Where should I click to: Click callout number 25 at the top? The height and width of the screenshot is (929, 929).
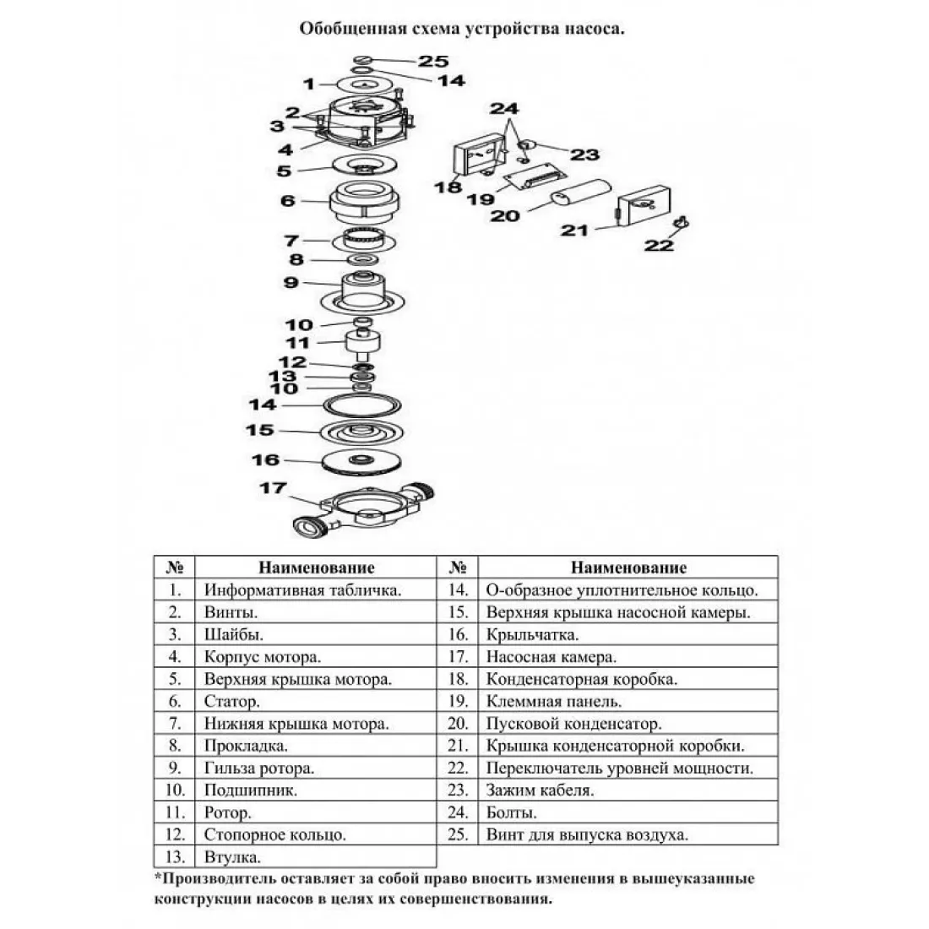click(434, 61)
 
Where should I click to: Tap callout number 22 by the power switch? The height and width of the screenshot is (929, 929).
click(659, 245)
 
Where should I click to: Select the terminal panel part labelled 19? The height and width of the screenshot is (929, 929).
click(535, 177)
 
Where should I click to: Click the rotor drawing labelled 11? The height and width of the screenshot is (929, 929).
click(363, 345)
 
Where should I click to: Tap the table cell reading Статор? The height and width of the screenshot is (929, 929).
click(232, 702)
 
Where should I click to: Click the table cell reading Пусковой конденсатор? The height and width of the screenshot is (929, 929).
click(573, 724)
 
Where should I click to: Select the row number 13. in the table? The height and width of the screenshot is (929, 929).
click(175, 856)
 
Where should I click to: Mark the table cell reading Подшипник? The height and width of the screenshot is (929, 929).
click(251, 790)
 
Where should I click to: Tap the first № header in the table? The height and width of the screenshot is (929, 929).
click(174, 567)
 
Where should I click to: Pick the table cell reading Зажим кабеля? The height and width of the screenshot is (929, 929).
click(540, 790)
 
